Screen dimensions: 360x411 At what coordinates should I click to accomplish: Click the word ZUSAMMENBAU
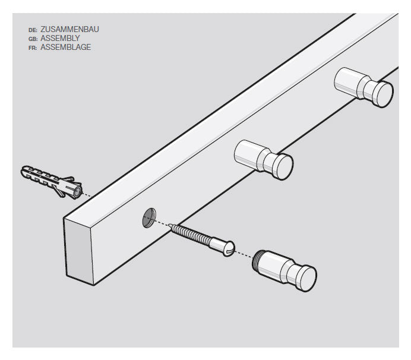[69, 29]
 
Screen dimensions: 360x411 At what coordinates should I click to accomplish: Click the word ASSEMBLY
[60, 38]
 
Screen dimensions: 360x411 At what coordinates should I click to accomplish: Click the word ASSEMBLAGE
[65, 47]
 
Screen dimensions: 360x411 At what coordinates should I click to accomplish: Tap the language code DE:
[33, 29]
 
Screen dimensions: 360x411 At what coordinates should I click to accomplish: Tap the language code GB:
[33, 39]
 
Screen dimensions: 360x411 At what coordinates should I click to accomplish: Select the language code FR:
[33, 48]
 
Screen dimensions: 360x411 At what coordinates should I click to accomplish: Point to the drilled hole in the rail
[148, 219]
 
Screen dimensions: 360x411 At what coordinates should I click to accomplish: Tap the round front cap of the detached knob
[306, 278]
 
